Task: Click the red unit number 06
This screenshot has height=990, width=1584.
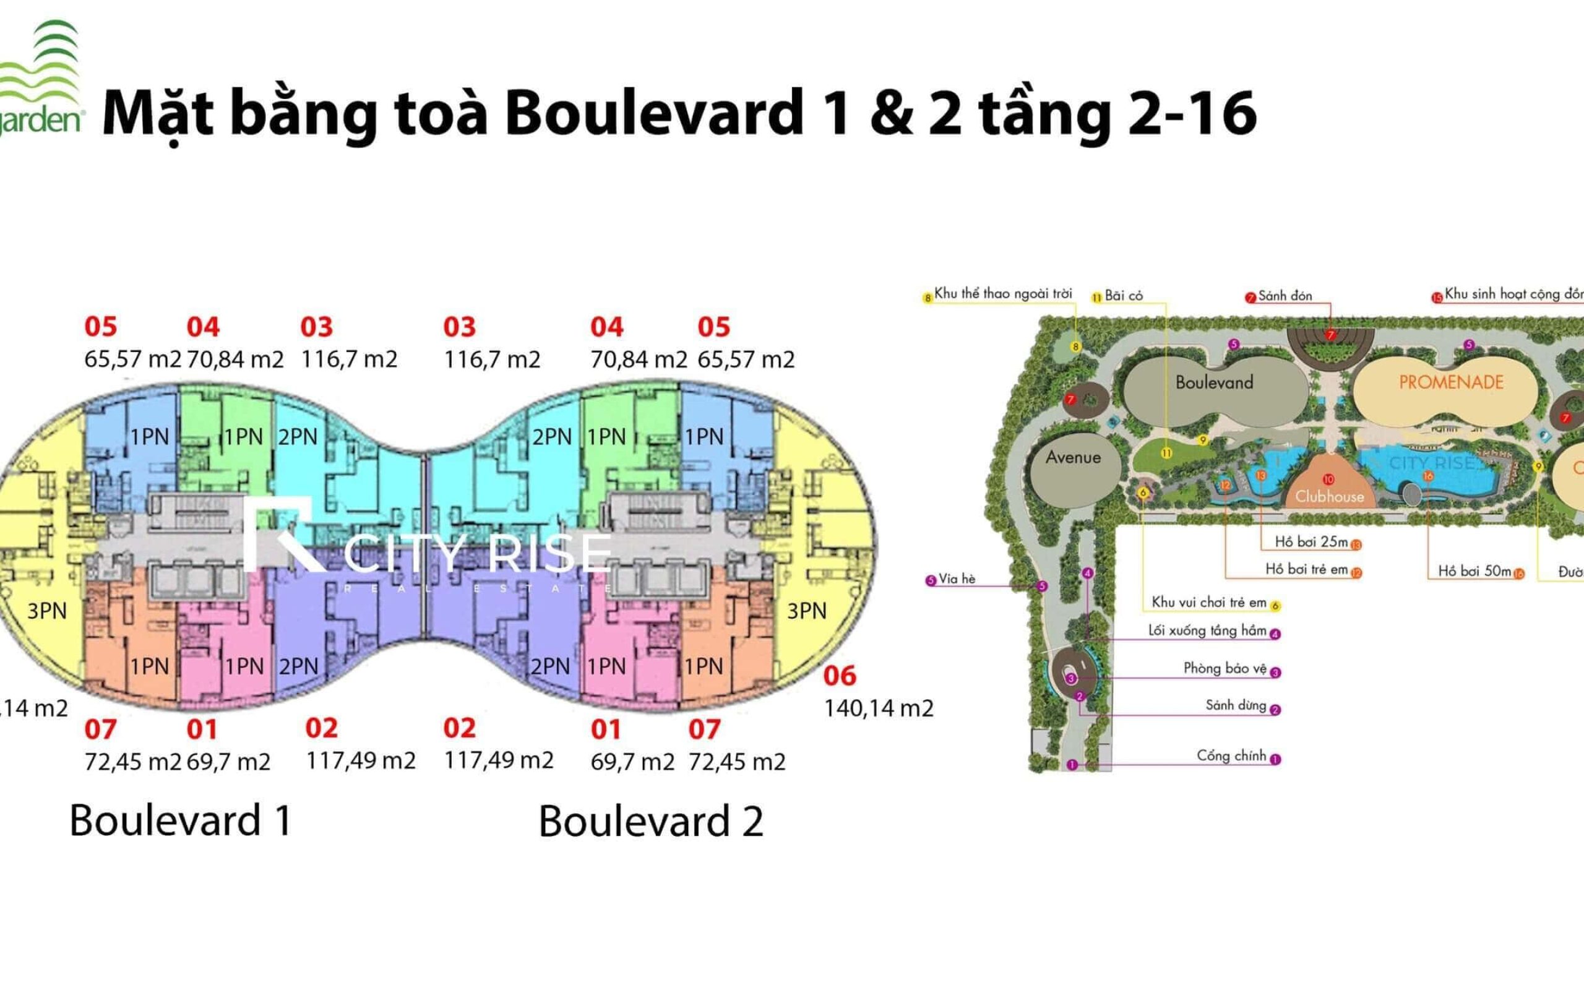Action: pos(839,676)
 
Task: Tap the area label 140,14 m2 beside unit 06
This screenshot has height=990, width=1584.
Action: pos(879,708)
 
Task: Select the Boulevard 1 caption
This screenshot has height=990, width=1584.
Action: pos(180,820)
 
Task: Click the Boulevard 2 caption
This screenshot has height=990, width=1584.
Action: pos(651,822)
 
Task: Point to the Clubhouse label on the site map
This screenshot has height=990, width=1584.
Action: pos(1329,496)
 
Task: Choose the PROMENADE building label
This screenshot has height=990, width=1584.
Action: pos(1450,382)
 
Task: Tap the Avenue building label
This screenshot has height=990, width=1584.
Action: pos(1073,457)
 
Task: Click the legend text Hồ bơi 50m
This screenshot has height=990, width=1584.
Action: pos(1474,571)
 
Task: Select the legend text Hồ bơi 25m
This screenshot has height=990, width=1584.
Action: pos(1311,542)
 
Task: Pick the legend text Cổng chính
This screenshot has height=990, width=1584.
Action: pos(1231,755)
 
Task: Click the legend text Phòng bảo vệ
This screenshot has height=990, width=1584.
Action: pos(1225,668)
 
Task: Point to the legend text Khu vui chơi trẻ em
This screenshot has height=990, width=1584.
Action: pos(1209,603)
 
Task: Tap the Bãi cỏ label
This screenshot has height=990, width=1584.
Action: pos(1123,296)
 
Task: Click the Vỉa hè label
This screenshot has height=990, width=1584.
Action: pos(957,579)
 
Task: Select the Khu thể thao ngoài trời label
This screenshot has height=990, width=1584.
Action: pos(1003,294)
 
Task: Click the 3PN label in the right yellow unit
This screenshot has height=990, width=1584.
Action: pos(806,611)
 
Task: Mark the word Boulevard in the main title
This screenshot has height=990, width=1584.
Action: pos(654,113)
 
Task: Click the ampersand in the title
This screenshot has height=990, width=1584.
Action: pos(892,113)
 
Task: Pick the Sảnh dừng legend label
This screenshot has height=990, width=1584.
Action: pos(1235,705)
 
